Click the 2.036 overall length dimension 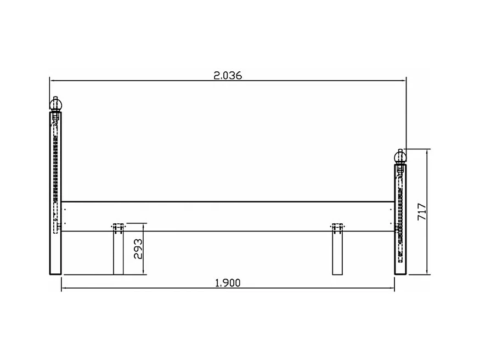pos(228,75)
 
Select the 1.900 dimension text pos(228,283)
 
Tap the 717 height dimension pos(422,211)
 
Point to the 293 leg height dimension pos(138,249)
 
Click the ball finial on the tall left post pos(56,105)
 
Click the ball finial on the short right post pos(400,157)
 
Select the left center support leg pos(118,252)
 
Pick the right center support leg pos(337,252)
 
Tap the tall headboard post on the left pos(55,193)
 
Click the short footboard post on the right pos(400,220)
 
